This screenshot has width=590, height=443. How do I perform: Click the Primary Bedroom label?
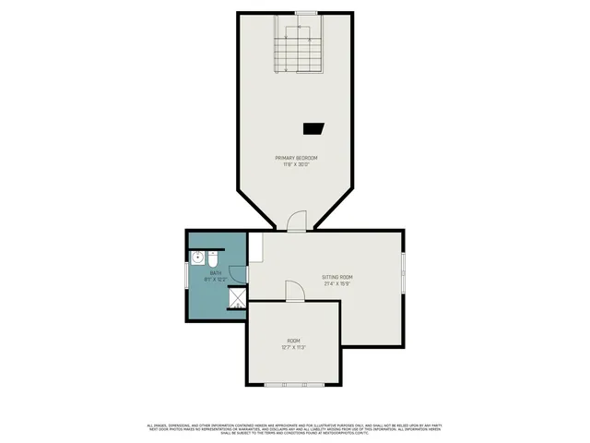coord(296,159)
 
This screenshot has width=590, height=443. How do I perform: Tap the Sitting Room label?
coord(337,277)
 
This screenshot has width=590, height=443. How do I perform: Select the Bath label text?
coord(215,272)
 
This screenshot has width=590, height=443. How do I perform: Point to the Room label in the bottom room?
coord(293,341)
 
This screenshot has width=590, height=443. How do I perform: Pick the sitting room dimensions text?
coord(337,284)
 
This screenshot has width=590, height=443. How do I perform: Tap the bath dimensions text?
coord(215,279)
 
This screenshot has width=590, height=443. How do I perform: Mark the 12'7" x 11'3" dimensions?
coord(293,348)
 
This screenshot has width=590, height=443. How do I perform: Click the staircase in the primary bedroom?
coord(299,51)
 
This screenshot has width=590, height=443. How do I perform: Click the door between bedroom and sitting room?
coord(296,221)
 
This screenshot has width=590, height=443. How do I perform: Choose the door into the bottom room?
coord(293,292)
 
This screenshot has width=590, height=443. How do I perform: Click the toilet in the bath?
coord(212,257)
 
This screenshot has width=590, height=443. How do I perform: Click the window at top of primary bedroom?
coord(306,12)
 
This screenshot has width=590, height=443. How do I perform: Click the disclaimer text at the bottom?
coord(295,428)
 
